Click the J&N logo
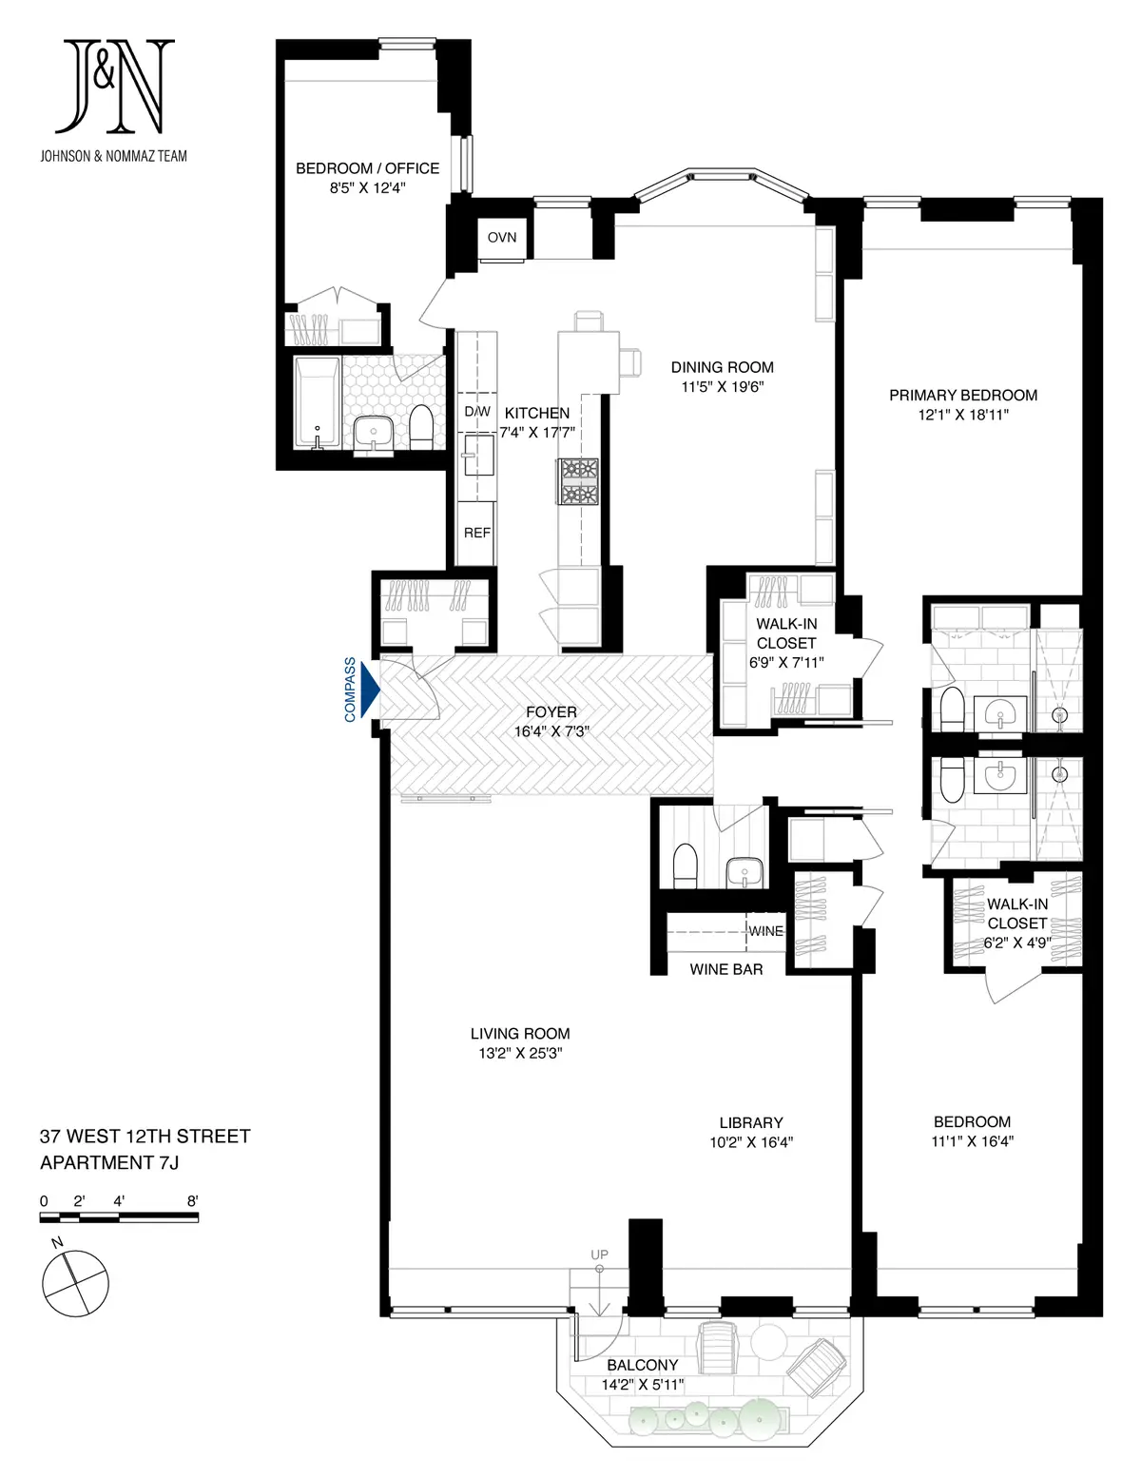pos(114,87)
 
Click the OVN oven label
pos(501,237)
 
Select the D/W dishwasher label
pos(477,412)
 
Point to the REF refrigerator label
pos(477,533)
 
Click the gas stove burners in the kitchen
pos(578,481)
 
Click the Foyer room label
pos(551,711)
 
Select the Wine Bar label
pos(726,969)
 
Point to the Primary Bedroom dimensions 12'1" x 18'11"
pos(963,415)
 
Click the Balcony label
pos(642,1365)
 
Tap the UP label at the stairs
pos(599,1254)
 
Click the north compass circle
pos(75,1283)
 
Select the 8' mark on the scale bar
pos(193,1201)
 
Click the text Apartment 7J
pos(109,1162)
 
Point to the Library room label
pos(751,1122)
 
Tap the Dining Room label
pos(723,367)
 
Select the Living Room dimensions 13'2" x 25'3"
pos(520,1053)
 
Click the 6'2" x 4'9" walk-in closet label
pos(1017,943)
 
